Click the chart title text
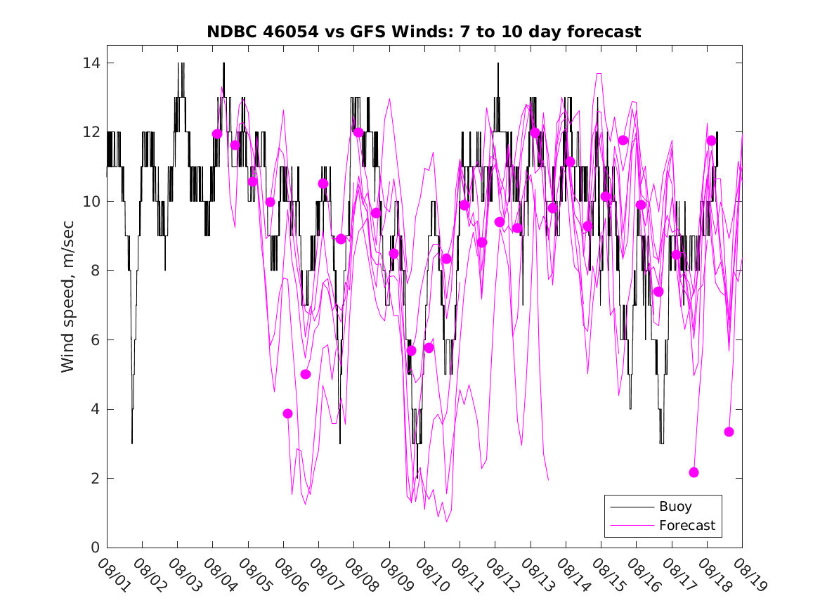(424, 32)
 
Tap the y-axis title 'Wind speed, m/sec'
(68, 304)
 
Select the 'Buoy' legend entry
(675, 506)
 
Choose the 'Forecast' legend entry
(686, 525)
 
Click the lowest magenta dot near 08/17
(694, 472)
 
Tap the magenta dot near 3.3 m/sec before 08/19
(729, 432)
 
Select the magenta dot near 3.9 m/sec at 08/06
(287, 413)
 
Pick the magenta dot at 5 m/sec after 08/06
(305, 374)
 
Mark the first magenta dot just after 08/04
(217, 134)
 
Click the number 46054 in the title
(289, 32)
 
